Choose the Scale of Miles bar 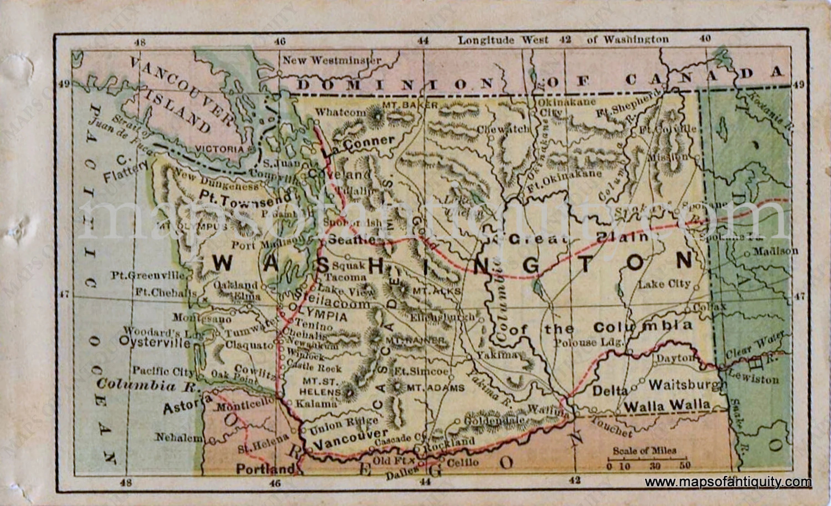[647, 459]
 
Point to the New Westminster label [332, 61]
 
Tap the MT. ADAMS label [435, 388]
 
